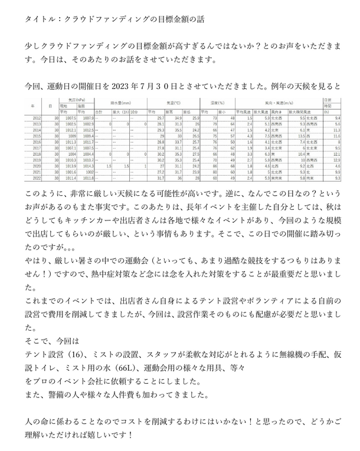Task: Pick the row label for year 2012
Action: click(x=37, y=118)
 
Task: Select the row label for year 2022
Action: click(x=37, y=177)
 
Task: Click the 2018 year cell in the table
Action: click(x=37, y=154)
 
